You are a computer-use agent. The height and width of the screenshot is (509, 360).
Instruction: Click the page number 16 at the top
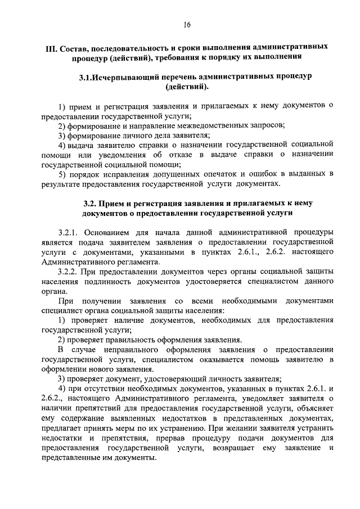(187, 24)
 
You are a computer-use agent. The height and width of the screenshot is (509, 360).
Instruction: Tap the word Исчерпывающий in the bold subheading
(125, 76)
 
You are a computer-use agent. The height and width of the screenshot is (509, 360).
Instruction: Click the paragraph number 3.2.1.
(70, 232)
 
